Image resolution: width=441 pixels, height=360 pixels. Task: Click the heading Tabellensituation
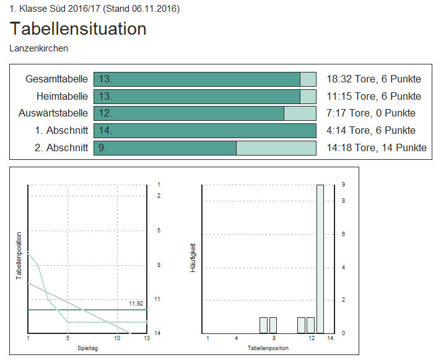pos(78,29)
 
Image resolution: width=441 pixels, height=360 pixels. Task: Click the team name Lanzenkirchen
pos(39,48)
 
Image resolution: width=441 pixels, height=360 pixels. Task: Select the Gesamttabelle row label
pos(57,79)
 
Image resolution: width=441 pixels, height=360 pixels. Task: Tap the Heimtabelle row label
pos(62,96)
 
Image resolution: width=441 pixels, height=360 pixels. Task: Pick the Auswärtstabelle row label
pos(53,113)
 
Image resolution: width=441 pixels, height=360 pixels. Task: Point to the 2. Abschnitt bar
pos(204,147)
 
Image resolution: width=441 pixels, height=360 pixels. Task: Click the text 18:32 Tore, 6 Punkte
pos(373,79)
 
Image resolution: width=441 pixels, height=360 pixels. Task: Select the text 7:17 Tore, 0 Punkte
pos(371,113)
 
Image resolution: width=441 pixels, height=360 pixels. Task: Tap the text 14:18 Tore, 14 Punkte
pos(376,147)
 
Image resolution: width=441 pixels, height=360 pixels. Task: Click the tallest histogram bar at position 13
pos(320,258)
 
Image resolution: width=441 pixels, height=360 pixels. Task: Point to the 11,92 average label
pos(136,304)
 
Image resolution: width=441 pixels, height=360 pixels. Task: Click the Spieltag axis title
pos(87,348)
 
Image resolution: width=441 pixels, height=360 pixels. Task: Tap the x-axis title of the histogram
pos(268,348)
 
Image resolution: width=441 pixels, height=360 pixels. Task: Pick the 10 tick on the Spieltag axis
pos(117,338)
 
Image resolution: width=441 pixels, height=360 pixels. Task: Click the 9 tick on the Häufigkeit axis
pos(343,185)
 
